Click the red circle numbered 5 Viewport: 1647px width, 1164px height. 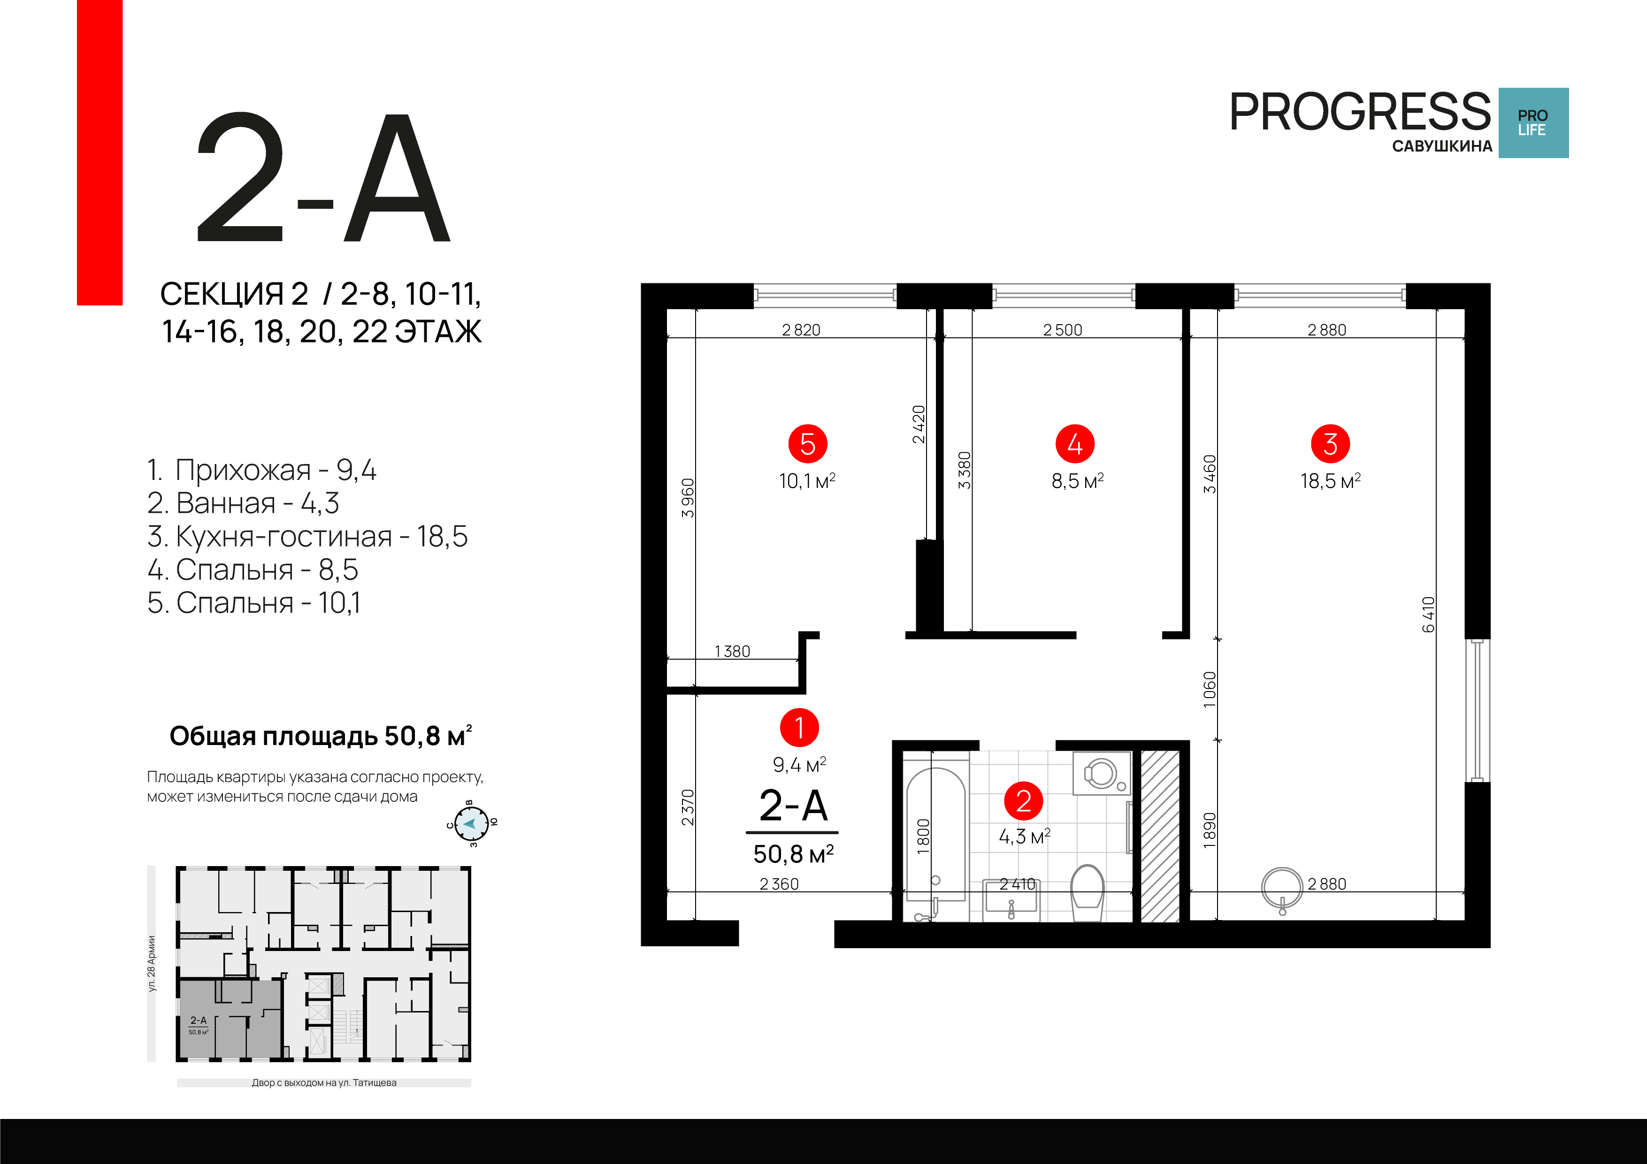tap(808, 444)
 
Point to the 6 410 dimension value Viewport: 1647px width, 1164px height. tap(1428, 614)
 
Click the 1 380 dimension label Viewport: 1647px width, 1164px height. tap(732, 651)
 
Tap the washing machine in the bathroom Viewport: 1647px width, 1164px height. tap(1101, 773)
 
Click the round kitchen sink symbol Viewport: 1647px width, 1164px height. tap(1282, 888)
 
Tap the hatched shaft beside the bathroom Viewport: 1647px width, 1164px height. tap(1160, 836)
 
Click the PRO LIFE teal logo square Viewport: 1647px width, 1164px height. tap(1533, 122)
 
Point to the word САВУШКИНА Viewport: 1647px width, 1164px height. tap(1442, 146)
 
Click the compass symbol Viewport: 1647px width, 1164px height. tap(471, 823)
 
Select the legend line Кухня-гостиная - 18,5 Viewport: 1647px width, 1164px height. tap(307, 536)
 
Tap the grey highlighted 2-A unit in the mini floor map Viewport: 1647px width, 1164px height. tap(230, 1019)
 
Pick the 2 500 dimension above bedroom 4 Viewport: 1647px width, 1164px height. tap(1062, 330)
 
